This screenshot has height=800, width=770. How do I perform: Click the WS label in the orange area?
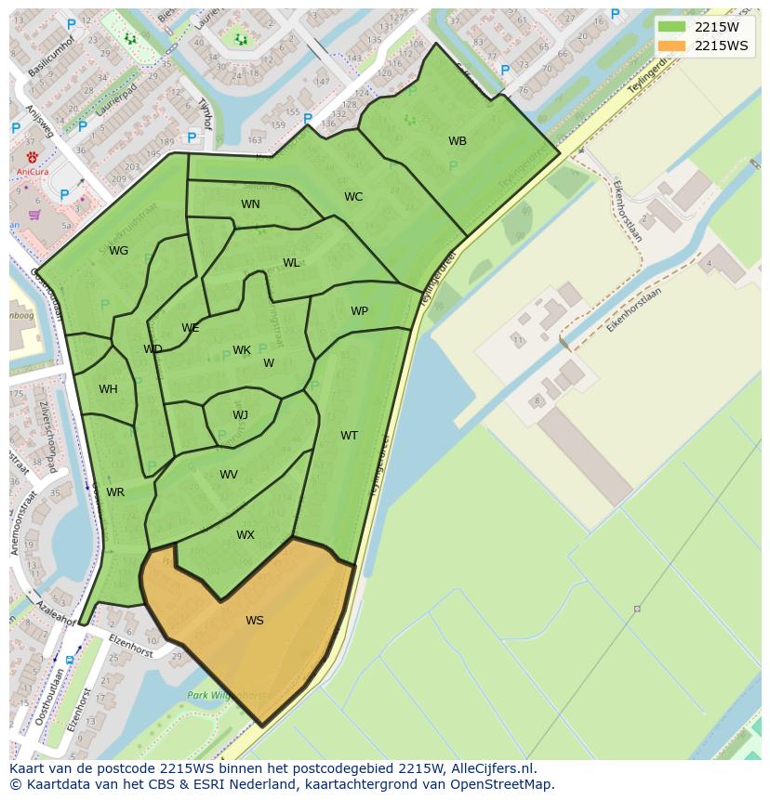255,621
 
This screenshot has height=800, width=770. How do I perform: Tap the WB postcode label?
458,141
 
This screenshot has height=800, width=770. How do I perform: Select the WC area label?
353,197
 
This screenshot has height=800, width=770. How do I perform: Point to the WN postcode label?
250,204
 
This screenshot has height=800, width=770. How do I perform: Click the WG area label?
118,251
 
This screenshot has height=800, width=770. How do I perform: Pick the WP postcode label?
359,311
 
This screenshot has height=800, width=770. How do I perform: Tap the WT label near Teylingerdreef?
349,436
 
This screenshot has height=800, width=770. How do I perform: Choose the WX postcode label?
246,535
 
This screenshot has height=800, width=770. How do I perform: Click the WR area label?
115,492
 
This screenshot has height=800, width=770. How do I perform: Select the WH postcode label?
108,389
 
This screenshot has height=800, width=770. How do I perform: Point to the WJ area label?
240,415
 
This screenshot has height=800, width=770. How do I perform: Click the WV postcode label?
229,475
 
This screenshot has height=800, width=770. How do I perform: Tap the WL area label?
291,263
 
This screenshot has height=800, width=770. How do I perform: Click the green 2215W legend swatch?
671,28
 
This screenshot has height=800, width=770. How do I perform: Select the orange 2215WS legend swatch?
671,46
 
